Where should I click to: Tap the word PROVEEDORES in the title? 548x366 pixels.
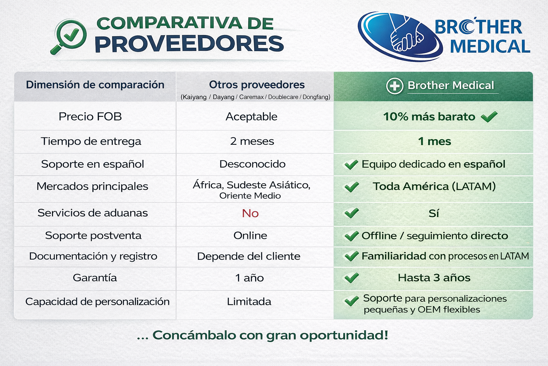pos(189,44)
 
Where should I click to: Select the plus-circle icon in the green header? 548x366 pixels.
pos(395,86)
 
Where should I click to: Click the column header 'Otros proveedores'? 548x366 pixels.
pos(257,85)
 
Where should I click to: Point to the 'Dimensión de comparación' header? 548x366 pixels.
pos(95,85)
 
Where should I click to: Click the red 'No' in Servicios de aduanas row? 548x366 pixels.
pos(250,213)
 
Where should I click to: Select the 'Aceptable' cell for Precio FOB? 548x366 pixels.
pos(251,117)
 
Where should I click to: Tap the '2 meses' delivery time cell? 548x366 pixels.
pos(252,141)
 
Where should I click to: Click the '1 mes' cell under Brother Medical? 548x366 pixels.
pos(434,141)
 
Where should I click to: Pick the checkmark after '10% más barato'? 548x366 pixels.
pos(489,117)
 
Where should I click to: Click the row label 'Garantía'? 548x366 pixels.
pos(95,278)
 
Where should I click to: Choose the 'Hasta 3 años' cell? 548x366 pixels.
pos(434,278)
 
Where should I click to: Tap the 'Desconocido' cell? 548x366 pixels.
pos(252,164)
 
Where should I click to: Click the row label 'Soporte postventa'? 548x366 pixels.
pos(93,236)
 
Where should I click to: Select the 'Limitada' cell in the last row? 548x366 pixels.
pos(249,302)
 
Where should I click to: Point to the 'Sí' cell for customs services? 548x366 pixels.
pos(433,213)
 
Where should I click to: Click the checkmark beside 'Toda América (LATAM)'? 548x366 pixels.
pos(352,187)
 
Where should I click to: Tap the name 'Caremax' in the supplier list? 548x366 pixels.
pos(252,97)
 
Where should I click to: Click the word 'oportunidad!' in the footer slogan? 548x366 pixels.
pos(344,335)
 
